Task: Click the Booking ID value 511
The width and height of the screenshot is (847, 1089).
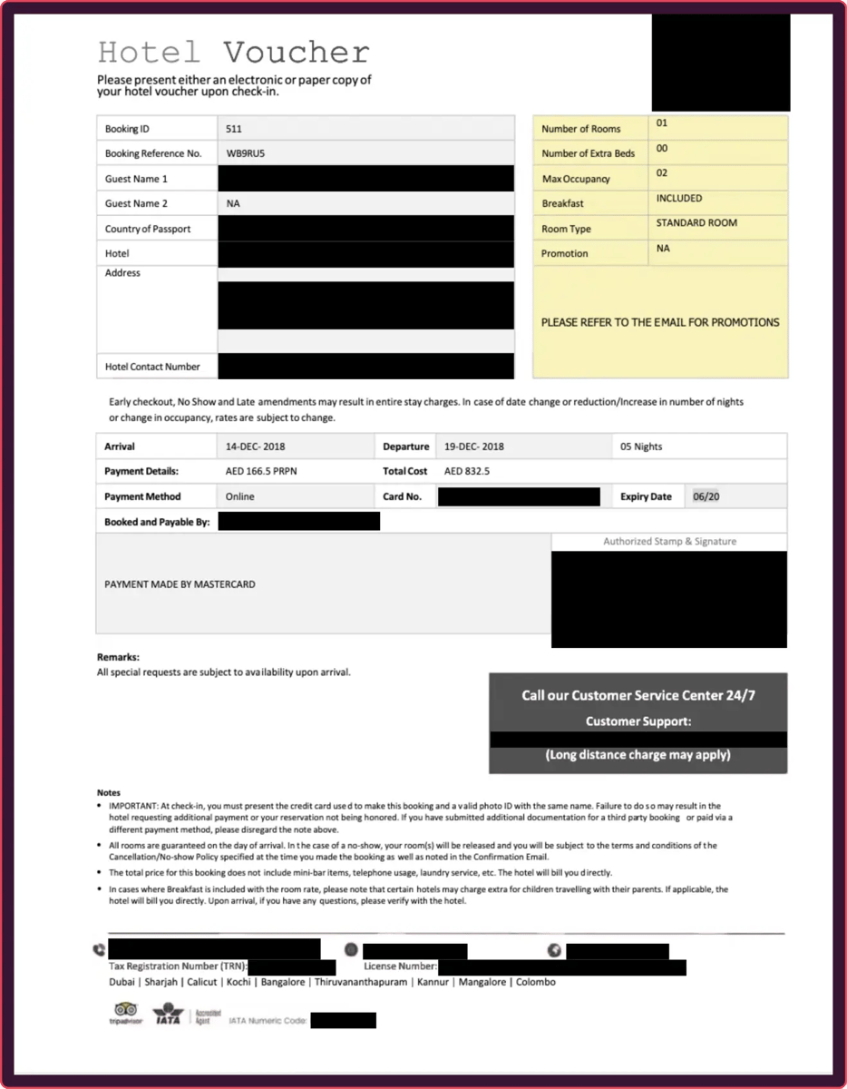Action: pos(234,129)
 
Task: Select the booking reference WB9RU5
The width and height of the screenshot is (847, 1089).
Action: pos(246,153)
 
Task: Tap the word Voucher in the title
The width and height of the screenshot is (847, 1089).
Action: pos(297,52)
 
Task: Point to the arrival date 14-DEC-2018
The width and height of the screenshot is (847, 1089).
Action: pos(256,446)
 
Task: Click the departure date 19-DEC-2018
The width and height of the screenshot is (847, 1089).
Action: pos(474,446)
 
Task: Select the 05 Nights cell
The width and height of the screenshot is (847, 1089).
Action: pos(641,446)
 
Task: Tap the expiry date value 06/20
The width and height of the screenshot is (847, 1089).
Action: pos(706,496)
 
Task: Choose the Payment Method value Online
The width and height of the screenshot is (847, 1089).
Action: pos(240,496)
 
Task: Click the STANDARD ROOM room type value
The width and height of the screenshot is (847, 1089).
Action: pos(696,223)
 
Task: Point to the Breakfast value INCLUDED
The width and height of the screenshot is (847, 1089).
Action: pos(679,198)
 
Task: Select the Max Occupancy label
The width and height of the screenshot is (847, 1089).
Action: pos(576,179)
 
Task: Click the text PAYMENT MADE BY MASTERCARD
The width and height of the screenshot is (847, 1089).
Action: pos(180,584)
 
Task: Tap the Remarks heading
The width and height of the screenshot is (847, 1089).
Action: pos(118,656)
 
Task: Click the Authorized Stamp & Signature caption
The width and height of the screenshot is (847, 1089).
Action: pos(669,542)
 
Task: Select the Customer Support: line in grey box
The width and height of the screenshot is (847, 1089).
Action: pos(638,721)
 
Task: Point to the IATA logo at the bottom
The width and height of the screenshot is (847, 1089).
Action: pos(168,1013)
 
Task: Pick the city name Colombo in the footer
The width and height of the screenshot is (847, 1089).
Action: pos(535,982)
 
